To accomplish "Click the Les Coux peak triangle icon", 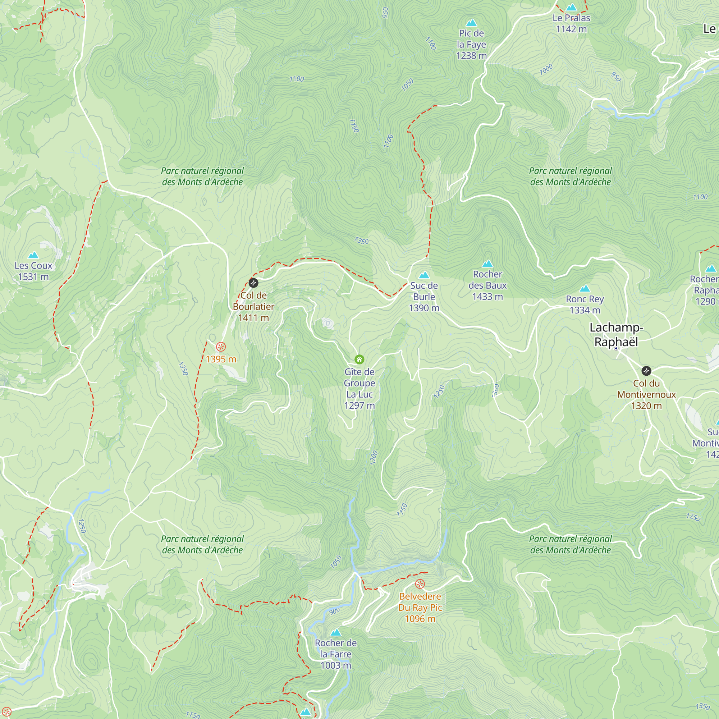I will (33, 255).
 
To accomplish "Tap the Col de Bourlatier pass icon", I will (253, 283).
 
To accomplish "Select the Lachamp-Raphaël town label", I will (616, 335).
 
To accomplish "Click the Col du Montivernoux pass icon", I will (646, 371).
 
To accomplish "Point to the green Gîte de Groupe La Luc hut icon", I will (359, 359).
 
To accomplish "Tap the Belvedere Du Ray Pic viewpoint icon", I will (420, 584).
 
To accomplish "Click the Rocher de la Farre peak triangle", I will (336, 633).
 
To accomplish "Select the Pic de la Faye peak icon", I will (472, 23).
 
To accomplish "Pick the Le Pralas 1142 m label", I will (571, 23).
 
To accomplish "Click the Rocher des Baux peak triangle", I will (487, 264).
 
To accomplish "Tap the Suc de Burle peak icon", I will (424, 275).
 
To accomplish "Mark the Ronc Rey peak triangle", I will (585, 289).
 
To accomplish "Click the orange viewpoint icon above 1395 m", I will (221, 347).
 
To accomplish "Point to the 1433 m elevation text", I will (487, 297).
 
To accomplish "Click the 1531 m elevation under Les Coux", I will (33, 277).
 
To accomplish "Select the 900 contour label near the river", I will (334, 611).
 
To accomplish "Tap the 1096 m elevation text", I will (420, 619).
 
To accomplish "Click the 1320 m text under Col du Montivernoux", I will (646, 406).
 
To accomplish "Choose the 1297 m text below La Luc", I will (359, 406).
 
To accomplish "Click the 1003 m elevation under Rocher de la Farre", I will (336, 665).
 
